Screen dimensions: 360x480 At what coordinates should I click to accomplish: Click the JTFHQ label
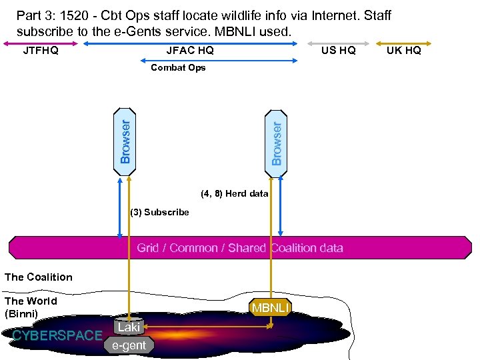[x=41, y=51]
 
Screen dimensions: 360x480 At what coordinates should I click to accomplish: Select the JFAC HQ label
[x=190, y=51]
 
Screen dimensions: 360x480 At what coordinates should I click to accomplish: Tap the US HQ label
[x=338, y=51]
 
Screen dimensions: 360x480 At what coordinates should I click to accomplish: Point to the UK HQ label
[x=404, y=51]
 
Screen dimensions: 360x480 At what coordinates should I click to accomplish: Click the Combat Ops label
[x=178, y=67]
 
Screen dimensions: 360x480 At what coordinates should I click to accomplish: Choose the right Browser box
[x=278, y=137]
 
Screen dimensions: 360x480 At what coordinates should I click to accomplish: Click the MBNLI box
[x=270, y=307]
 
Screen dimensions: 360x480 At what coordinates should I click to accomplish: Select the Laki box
[x=129, y=327]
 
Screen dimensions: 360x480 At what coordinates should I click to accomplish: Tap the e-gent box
[x=129, y=345]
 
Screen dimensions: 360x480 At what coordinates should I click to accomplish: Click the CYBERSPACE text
[x=57, y=335]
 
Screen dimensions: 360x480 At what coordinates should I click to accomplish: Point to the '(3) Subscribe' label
[x=159, y=212]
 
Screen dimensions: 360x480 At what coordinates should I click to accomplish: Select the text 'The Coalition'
[x=39, y=277]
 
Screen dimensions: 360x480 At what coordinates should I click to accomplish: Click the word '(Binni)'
[x=21, y=313]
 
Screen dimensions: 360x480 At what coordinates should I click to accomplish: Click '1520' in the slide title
[x=77, y=15]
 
